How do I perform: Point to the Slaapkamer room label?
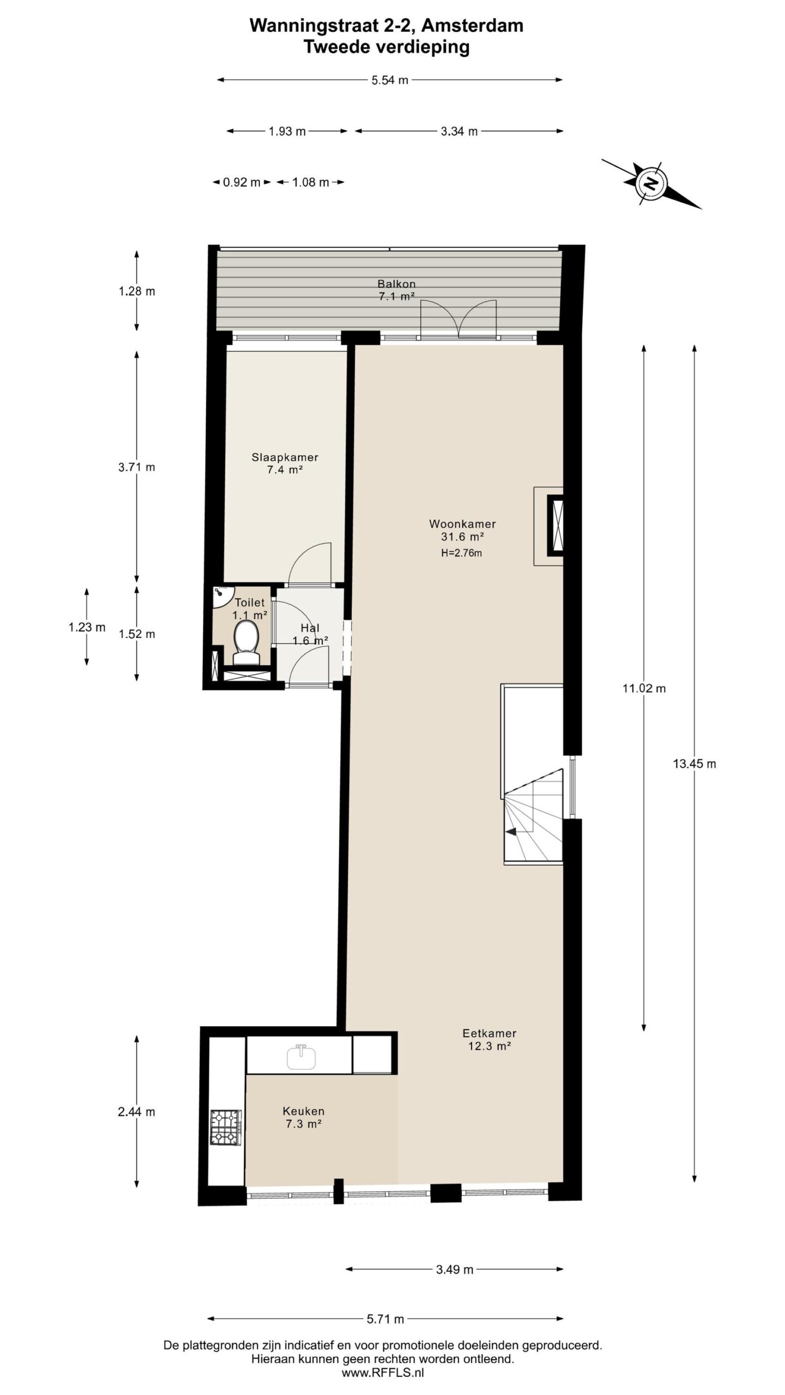tap(285, 457)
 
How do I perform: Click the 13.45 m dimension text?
tap(694, 763)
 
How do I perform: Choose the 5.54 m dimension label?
tap(389, 80)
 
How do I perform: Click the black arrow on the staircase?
tap(511, 832)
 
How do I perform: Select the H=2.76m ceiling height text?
tap(462, 553)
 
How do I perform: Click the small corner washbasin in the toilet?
tap(220, 595)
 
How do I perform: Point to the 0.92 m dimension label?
tap(241, 182)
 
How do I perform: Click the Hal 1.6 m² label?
tap(310, 634)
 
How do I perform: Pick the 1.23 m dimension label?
tap(87, 627)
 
